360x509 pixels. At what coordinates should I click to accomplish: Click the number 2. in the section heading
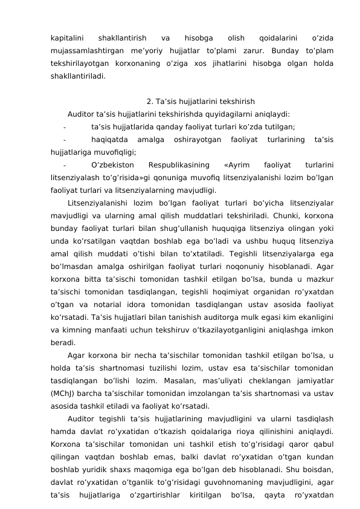[150, 102]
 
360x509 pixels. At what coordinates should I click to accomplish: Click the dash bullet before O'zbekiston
[65, 164]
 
